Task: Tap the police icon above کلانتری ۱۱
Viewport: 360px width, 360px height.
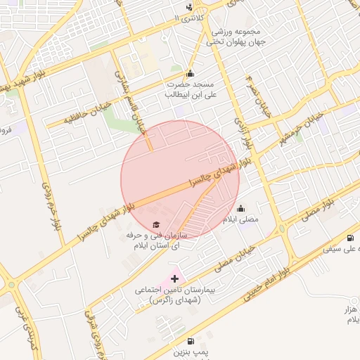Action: pos(188,8)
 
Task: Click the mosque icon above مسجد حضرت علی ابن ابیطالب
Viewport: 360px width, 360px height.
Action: pos(189,73)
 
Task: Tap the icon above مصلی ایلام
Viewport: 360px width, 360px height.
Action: pos(240,209)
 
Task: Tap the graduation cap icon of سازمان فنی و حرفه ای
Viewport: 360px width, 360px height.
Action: pos(155,224)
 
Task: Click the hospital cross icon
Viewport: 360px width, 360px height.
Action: pos(174,279)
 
